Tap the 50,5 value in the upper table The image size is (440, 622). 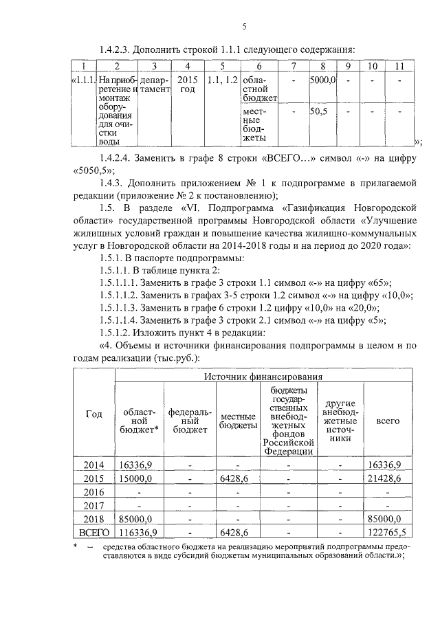pyautogui.click(x=319, y=111)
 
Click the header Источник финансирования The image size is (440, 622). pyautogui.click(x=263, y=376)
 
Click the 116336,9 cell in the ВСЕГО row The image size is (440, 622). pyautogui.click(x=138, y=532)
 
